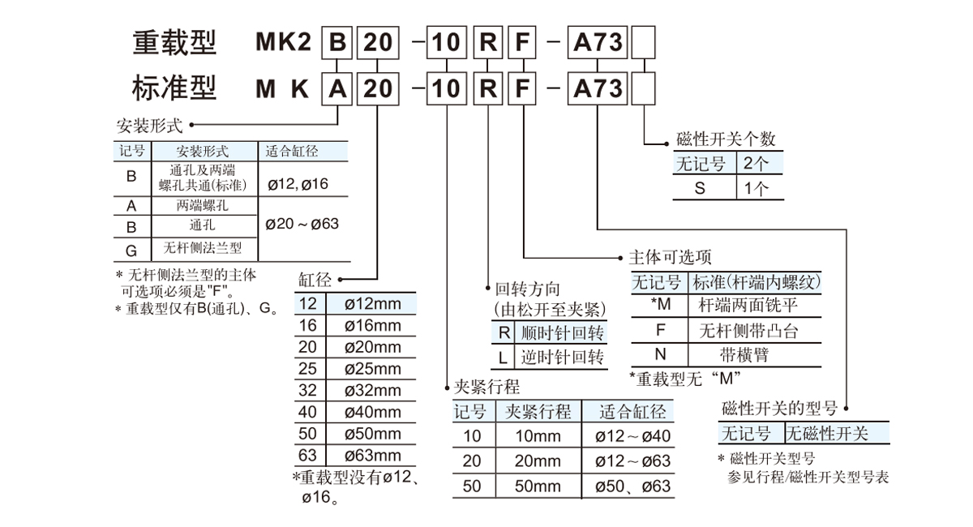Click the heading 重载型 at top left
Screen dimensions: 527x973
click(174, 41)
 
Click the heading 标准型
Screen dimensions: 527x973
click(174, 87)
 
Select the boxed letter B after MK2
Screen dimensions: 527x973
click(336, 41)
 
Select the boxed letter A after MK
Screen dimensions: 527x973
click(336, 87)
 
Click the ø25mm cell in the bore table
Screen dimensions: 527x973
click(373, 369)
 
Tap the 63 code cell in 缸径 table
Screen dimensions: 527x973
click(308, 455)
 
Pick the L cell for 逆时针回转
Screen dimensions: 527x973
click(503, 358)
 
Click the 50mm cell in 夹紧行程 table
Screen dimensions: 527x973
click(538, 486)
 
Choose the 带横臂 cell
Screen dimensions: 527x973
click(744, 354)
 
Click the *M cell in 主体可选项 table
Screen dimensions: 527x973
click(661, 305)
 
